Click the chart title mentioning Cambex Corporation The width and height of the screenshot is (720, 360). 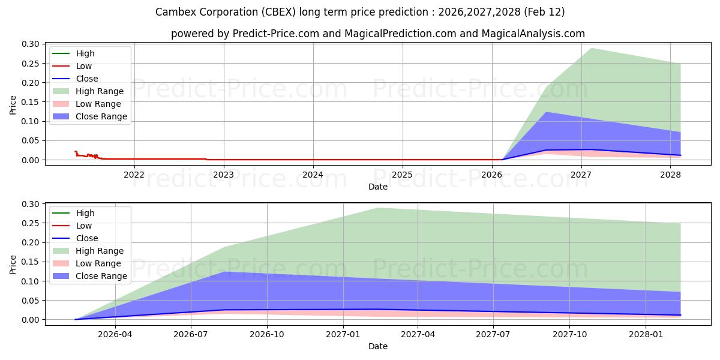tap(359, 12)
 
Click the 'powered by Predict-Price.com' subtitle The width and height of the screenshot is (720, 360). tap(377, 34)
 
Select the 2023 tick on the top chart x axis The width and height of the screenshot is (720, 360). tap(223, 174)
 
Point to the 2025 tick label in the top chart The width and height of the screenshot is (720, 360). tap(402, 174)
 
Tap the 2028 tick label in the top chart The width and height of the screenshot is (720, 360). tap(670, 174)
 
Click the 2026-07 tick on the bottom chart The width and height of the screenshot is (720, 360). tap(191, 334)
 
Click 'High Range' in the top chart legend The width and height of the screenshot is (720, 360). tap(100, 91)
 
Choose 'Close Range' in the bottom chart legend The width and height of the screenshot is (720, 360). tap(101, 276)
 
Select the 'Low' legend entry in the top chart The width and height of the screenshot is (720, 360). tap(84, 66)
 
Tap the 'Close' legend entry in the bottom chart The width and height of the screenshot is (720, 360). tap(87, 238)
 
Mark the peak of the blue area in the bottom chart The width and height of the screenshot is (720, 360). tap(224, 272)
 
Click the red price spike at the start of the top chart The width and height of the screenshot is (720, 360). tap(76, 152)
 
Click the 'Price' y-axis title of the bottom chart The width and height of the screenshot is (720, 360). tap(13, 264)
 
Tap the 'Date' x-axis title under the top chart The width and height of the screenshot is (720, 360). tap(377, 187)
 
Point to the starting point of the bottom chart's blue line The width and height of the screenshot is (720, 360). tap(76, 319)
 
